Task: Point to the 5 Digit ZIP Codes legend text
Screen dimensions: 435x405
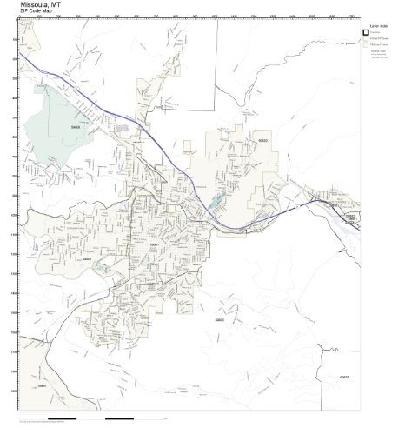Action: pyautogui.click(x=379, y=40)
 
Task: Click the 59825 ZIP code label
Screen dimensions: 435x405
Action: pyautogui.click(x=344, y=377)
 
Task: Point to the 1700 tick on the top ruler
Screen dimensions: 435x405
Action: pyautogui.click(x=348, y=17)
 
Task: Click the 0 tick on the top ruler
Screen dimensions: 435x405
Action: pyautogui.click(x=20, y=17)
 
